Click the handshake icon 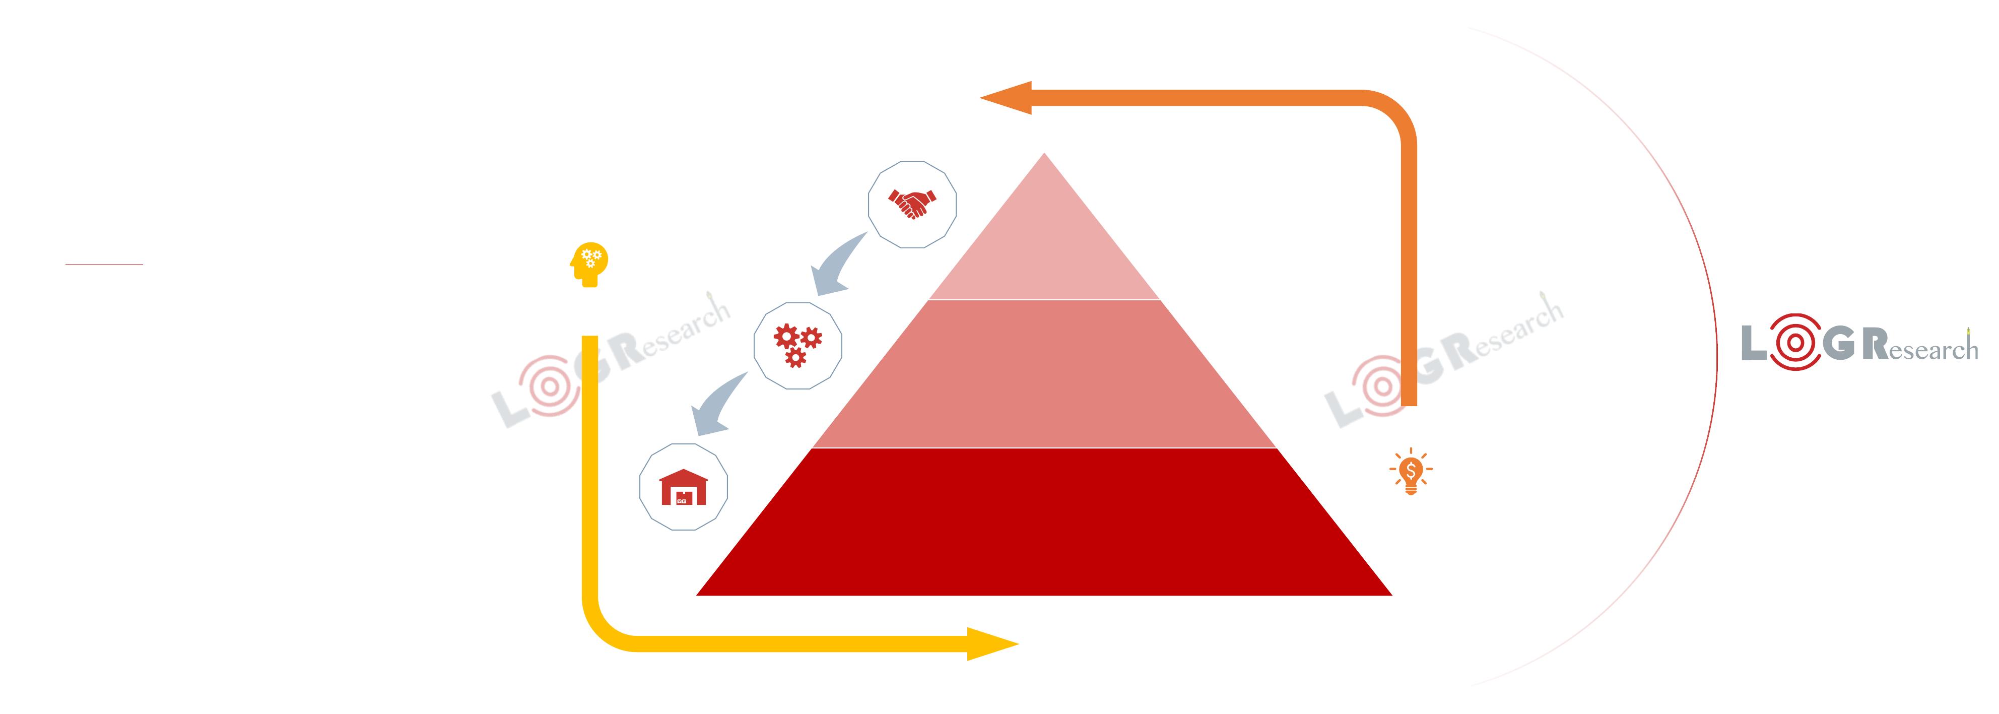click(912, 204)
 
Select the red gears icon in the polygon click(797, 345)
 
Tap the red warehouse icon click(683, 487)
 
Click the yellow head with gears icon click(589, 265)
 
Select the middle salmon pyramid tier click(1044, 374)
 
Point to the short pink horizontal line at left click(104, 265)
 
